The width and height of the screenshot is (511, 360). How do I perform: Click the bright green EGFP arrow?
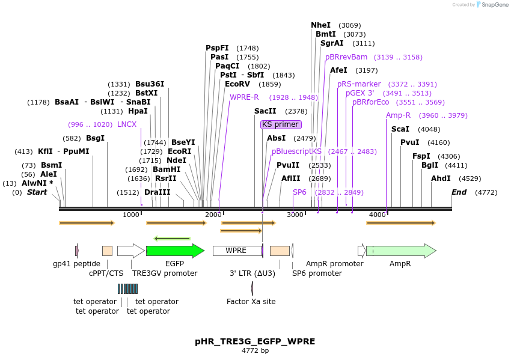pyautogui.click(x=174, y=251)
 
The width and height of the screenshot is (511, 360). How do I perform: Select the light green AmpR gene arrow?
pyautogui.click(x=400, y=251)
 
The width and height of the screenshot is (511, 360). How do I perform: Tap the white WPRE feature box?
pyautogui.click(x=236, y=251)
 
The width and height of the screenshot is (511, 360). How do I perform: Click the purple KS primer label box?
pyautogui.click(x=281, y=124)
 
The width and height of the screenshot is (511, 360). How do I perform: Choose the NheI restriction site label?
pyautogui.click(x=320, y=25)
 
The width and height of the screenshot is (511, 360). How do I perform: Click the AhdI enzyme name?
pyautogui.click(x=441, y=178)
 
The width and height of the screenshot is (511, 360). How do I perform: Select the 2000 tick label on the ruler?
pyautogui.click(x=213, y=215)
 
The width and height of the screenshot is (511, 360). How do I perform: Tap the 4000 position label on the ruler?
pyautogui.click(x=377, y=215)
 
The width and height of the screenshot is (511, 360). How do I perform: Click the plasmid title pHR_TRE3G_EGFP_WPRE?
pyautogui.click(x=255, y=341)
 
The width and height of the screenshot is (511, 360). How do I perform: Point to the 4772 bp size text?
pyautogui.click(x=255, y=350)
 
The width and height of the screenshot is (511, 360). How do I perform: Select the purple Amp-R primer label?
pyautogui.click(x=398, y=115)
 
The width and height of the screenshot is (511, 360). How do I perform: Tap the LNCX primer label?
pyautogui.click(x=127, y=124)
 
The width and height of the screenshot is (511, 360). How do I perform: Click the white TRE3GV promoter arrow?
pyautogui.click(x=130, y=251)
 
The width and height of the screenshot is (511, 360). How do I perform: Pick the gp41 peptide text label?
pyautogui.click(x=76, y=264)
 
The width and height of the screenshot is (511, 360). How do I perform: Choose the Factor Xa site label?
pyautogui.click(x=251, y=302)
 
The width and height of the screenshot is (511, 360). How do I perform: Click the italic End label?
pyautogui.click(x=459, y=192)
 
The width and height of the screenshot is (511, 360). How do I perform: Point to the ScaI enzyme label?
pyautogui.click(x=400, y=129)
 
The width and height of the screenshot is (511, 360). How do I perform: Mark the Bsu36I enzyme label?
pyautogui.click(x=150, y=84)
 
